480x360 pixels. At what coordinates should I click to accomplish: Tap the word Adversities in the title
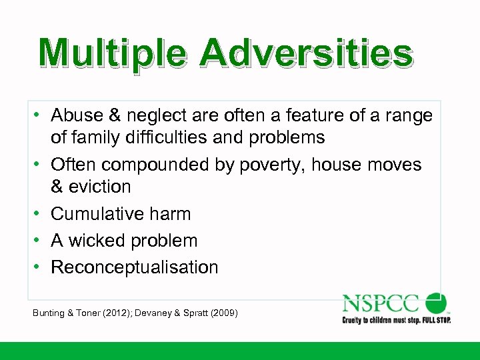point(305,54)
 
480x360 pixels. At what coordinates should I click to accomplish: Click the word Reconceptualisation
point(134,267)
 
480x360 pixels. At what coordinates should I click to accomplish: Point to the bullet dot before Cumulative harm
point(40,214)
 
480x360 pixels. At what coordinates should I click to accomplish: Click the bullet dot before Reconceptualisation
point(40,267)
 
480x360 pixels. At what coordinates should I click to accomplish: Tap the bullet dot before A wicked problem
point(40,241)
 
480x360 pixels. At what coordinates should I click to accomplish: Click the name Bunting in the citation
point(48,313)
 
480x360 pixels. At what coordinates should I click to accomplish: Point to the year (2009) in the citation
point(224,313)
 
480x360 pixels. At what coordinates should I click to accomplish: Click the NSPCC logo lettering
point(381,303)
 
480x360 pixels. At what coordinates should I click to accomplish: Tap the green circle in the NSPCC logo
point(436,302)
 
